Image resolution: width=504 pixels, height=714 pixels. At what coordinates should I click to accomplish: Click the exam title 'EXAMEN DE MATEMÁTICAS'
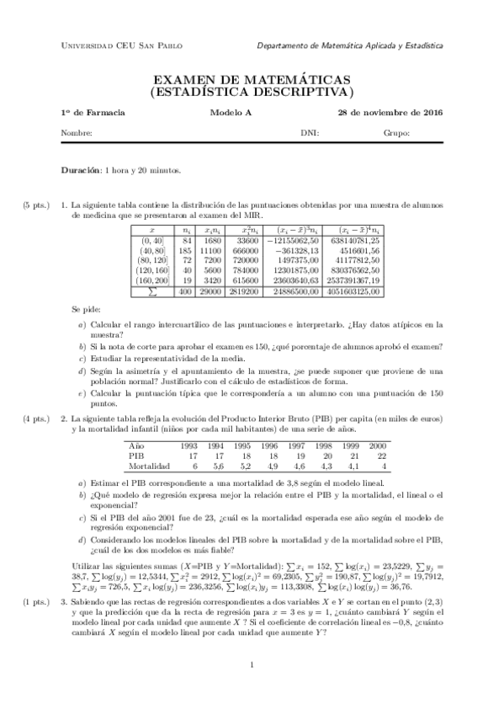(x=252, y=78)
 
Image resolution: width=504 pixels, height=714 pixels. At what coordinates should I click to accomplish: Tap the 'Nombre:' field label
(x=77, y=133)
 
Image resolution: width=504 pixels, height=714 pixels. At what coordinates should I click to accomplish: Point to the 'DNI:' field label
(x=310, y=133)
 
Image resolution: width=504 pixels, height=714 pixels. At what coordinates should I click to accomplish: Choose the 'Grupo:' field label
(x=396, y=133)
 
